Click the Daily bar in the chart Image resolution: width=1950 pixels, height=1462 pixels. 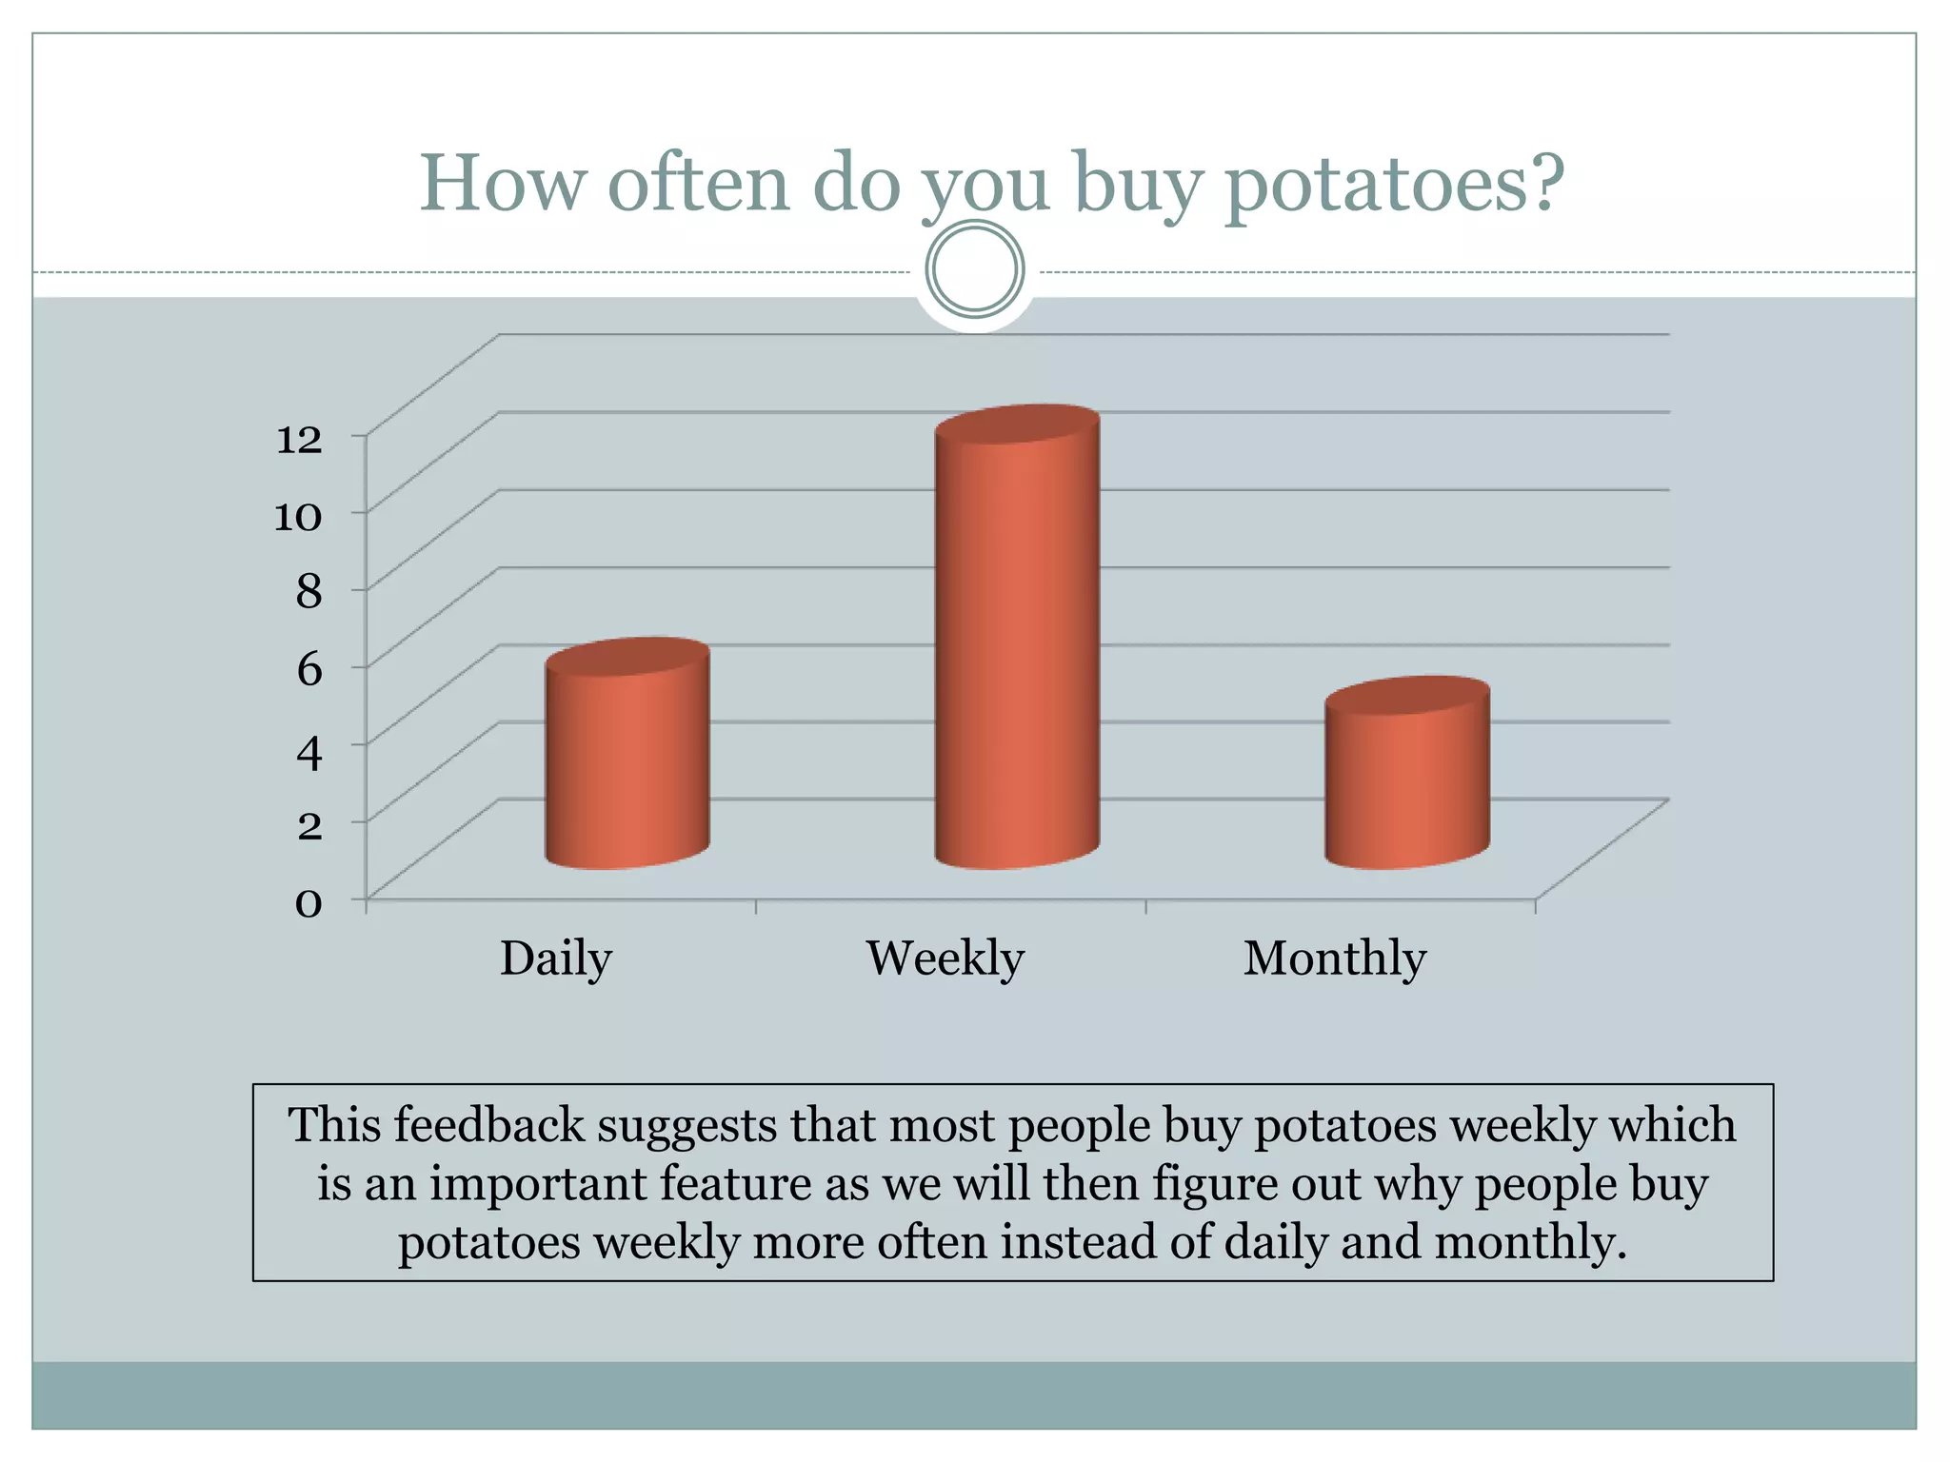(627, 757)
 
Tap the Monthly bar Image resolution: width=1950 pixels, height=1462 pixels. (1407, 776)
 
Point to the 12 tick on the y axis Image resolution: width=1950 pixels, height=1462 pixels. (299, 440)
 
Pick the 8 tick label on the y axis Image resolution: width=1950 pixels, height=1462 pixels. (308, 592)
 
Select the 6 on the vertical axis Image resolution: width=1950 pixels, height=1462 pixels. (308, 669)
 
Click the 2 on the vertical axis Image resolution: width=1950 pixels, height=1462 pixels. (308, 824)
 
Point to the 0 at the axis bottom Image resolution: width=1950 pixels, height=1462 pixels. (308, 901)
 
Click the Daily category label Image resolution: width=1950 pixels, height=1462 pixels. (556, 958)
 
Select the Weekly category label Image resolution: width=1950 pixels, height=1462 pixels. (945, 958)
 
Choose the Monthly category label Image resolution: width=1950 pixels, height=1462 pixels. (1334, 958)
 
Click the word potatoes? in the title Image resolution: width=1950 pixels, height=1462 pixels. (1394, 185)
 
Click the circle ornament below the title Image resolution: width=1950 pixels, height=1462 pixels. (975, 269)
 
